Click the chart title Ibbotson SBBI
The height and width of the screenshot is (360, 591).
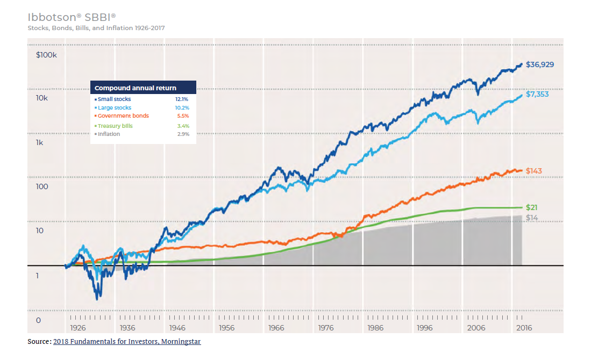tap(72, 17)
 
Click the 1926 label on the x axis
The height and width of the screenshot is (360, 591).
tap(78, 328)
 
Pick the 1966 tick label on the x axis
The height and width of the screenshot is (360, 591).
tap(276, 328)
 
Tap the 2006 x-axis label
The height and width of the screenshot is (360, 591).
tap(476, 328)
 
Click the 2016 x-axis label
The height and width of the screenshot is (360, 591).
tap(524, 328)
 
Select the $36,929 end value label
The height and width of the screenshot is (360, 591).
tap(540, 64)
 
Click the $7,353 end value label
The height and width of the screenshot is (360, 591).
tap(538, 94)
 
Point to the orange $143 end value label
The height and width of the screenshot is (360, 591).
tap(533, 171)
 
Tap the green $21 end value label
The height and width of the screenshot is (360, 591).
tap(532, 207)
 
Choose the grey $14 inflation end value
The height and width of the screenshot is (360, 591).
tap(532, 218)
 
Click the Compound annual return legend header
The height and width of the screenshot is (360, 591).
tap(136, 88)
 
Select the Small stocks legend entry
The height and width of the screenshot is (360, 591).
tap(114, 99)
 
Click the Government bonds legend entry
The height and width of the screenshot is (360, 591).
tap(123, 116)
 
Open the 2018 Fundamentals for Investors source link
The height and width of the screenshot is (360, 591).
tap(127, 342)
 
